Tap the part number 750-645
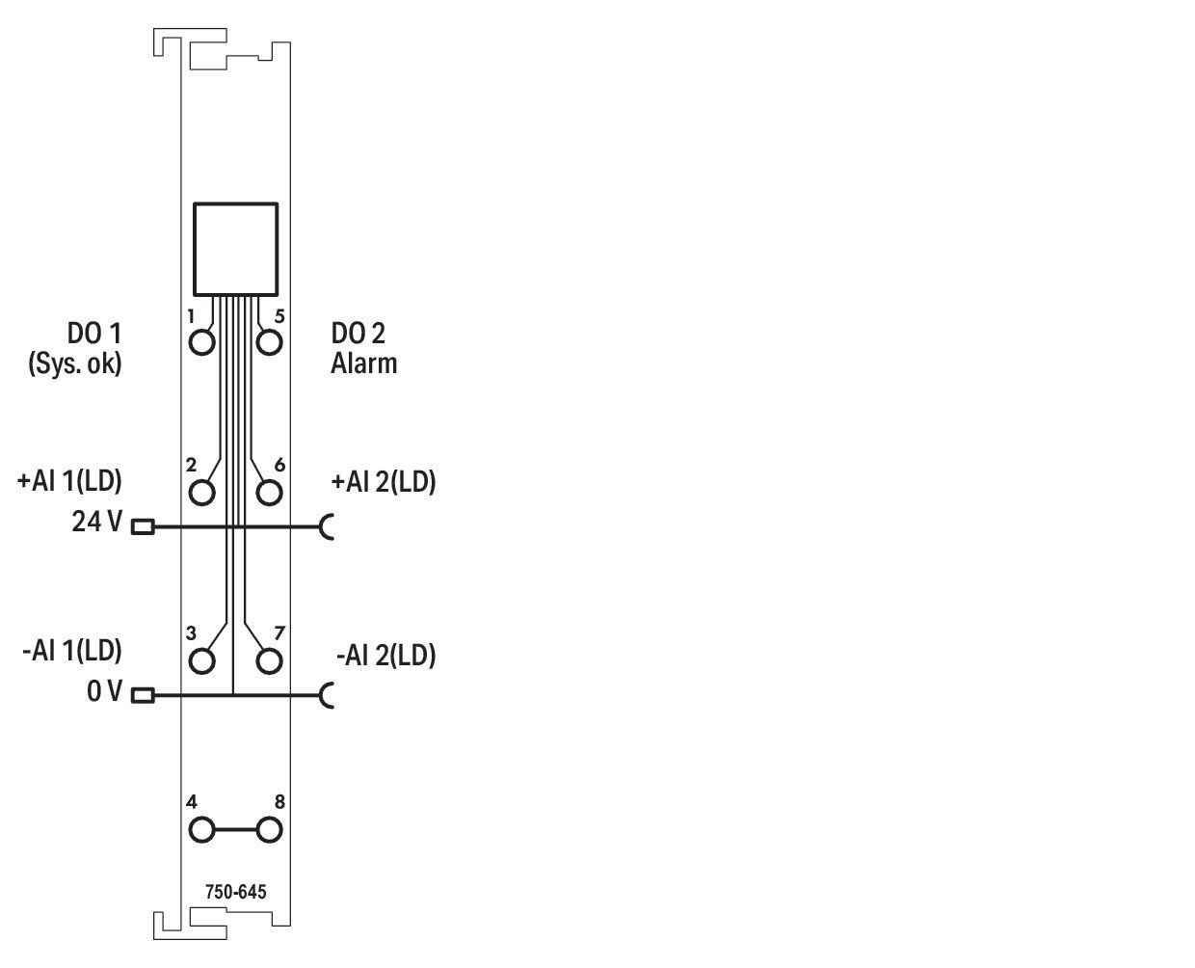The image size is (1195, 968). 236,892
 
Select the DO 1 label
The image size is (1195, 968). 94,334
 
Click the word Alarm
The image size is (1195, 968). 363,363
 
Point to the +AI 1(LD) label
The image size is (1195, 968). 69,481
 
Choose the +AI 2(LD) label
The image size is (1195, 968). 384,482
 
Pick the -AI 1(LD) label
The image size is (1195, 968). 72,651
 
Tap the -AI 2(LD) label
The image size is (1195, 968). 386,655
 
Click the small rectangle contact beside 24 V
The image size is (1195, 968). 143,527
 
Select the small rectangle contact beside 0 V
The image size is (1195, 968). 143,696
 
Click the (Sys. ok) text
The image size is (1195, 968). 75,363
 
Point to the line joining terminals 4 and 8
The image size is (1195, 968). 236,830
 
